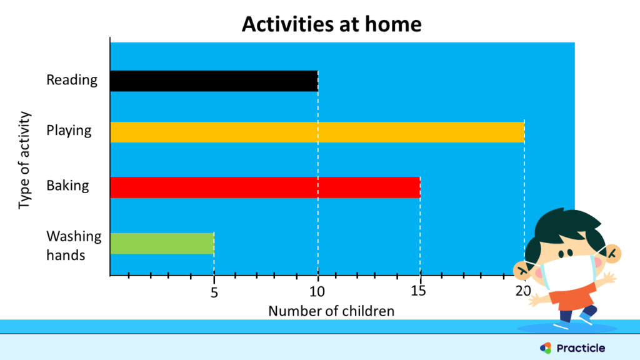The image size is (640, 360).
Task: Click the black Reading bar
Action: tap(214, 81)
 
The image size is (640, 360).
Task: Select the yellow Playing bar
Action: tap(317, 132)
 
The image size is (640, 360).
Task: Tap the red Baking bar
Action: tap(265, 187)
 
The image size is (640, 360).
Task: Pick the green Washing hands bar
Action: tap(162, 243)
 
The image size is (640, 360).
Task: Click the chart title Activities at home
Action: tap(331, 24)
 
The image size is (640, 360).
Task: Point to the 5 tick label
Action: tap(214, 292)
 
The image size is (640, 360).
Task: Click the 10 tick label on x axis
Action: tap(317, 292)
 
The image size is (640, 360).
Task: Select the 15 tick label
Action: tap(420, 292)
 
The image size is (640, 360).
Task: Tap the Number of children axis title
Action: tap(331, 311)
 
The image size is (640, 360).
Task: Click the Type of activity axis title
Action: tap(24, 161)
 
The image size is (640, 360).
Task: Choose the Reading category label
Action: tap(72, 80)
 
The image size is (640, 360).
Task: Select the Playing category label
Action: tap(69, 131)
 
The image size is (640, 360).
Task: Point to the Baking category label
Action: tap(67, 186)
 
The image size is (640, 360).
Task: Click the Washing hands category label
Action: tap(73, 246)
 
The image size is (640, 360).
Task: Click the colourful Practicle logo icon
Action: tap(545, 348)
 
